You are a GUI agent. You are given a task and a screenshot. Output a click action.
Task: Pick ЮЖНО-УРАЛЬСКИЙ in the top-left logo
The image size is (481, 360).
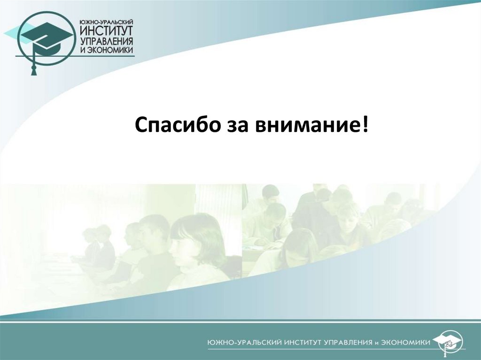[107, 21]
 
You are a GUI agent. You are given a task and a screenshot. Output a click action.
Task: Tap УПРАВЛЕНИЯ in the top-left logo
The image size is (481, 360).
[107, 42]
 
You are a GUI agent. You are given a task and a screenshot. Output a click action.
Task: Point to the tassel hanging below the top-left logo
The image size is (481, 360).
[33, 69]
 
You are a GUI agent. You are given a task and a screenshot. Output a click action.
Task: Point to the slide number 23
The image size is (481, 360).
[449, 345]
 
